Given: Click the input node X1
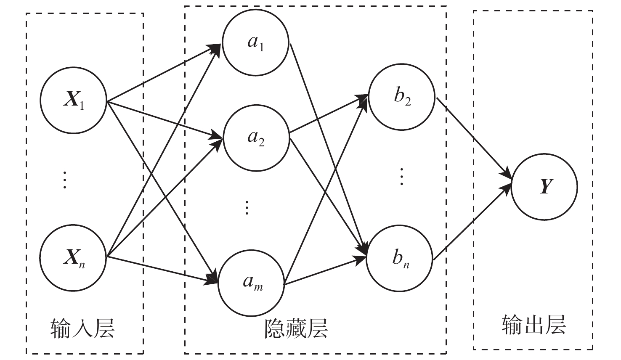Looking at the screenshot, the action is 74,100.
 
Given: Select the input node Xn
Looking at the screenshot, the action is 73,258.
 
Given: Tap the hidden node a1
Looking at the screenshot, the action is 256,42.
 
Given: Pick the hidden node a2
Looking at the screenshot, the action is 257,138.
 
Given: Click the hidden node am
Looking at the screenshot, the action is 251,283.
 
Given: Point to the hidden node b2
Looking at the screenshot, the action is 402,97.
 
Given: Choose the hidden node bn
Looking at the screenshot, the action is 400,258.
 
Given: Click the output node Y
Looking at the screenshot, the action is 544,187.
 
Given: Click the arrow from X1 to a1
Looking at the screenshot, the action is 164,73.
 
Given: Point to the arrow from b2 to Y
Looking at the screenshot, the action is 474,138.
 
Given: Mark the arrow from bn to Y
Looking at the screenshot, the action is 472,222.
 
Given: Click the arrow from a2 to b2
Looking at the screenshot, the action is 329,114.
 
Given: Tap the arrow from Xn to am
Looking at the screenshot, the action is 162,270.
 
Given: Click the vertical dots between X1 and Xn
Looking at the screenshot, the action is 64,180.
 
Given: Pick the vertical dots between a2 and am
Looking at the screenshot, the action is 247,208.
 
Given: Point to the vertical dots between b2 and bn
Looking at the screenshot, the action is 402,176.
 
